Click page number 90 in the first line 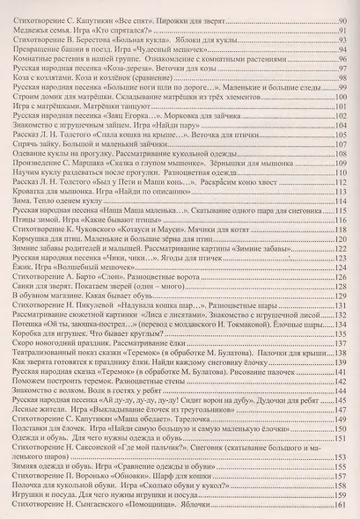pyautogui.click(x=344, y=18)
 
